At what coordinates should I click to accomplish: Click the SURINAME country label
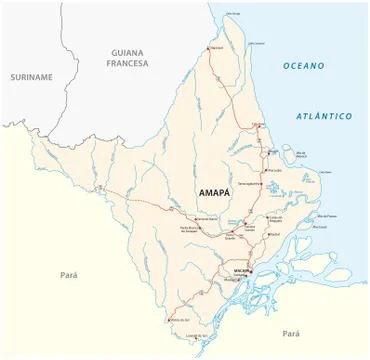pyautogui.click(x=31, y=77)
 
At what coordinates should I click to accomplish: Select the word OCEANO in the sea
pyautogui.click(x=303, y=66)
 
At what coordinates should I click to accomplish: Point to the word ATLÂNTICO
pyautogui.click(x=323, y=116)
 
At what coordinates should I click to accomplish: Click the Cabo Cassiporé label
pyautogui.click(x=257, y=44)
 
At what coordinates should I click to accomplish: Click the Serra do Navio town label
pyautogui.click(x=207, y=218)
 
